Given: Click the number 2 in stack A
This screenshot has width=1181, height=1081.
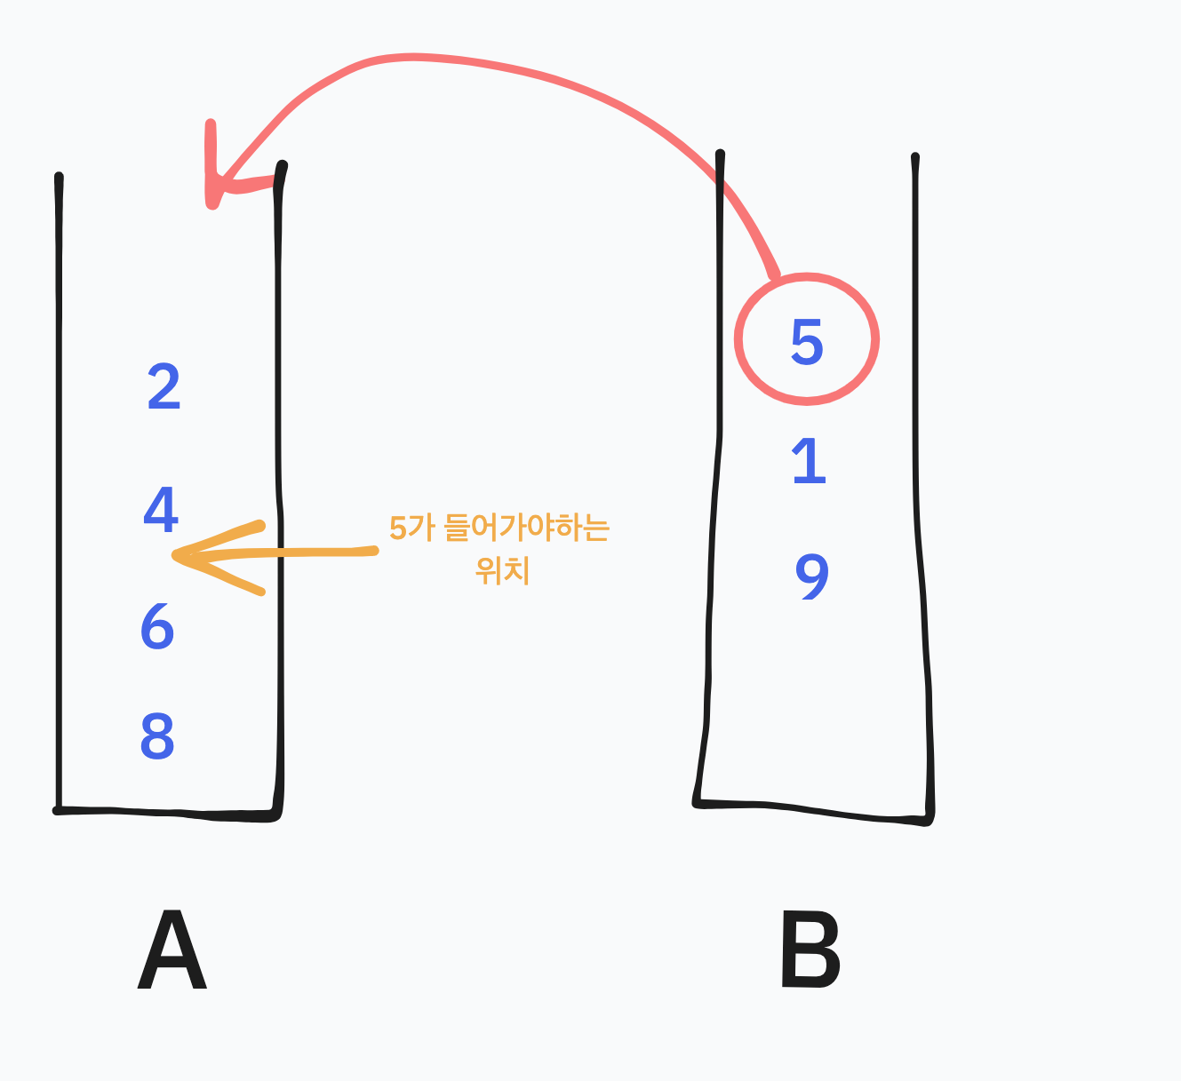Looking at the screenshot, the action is (164, 387).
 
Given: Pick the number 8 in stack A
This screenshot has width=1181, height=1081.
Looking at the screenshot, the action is (157, 736).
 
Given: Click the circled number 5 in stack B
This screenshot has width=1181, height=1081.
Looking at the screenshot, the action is (807, 342).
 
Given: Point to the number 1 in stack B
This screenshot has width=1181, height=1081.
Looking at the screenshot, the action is (809, 462).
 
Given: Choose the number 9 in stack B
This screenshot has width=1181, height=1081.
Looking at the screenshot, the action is (811, 577).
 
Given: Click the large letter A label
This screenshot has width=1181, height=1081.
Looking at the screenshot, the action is (172, 952).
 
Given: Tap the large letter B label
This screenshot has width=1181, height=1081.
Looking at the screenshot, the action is (810, 952).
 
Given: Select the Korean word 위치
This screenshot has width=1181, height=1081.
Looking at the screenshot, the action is (503, 569).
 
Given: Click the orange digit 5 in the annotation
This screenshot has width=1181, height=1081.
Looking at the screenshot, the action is (397, 529).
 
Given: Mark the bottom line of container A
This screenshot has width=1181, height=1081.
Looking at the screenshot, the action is (169, 812).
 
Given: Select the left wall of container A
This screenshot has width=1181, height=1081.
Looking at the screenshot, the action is (60, 489).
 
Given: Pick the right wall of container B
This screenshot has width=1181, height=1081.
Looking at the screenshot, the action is (921, 489).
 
